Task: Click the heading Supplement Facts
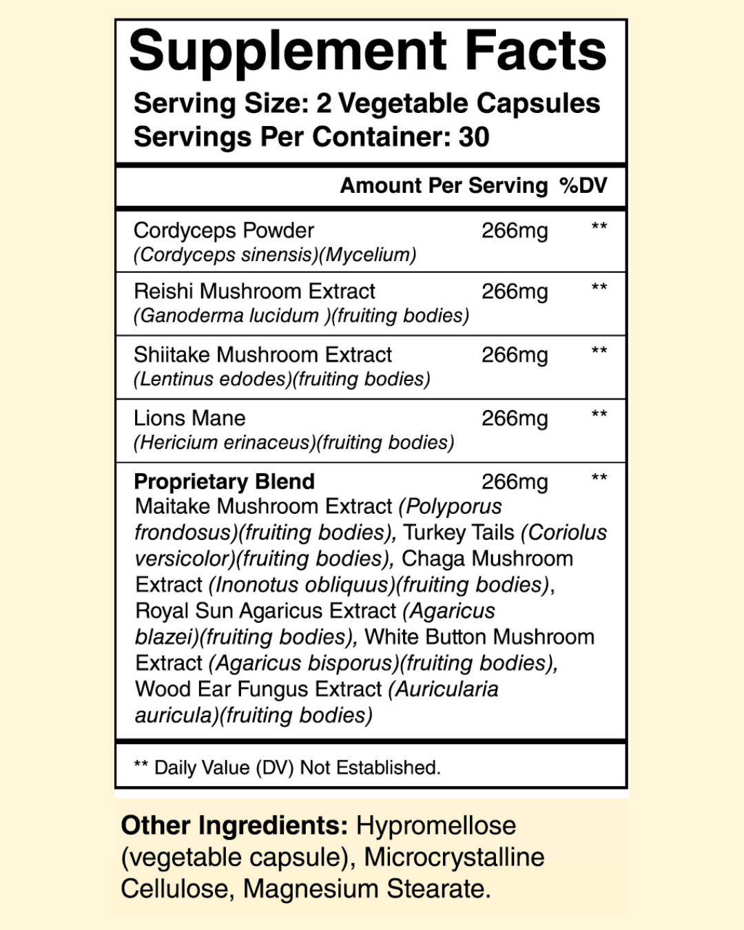[x=367, y=51]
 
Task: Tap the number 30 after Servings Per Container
[x=474, y=137]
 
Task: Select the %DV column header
[x=583, y=185]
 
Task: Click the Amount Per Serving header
[x=444, y=185]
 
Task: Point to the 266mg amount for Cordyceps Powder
[x=515, y=231]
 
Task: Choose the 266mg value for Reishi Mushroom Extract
[x=515, y=291]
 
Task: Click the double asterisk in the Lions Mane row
[x=599, y=415]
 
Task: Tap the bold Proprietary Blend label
[x=224, y=481]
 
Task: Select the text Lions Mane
[x=189, y=418]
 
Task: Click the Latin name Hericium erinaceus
[x=224, y=443]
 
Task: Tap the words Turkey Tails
[x=459, y=533]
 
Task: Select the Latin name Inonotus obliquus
[x=301, y=585]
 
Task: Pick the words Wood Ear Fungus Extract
[x=258, y=689]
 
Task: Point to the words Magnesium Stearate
[x=366, y=889]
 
